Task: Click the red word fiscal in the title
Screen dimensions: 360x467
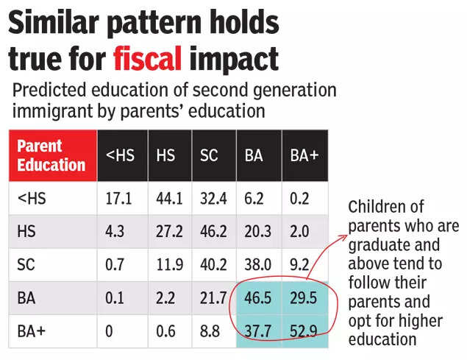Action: (x=147, y=57)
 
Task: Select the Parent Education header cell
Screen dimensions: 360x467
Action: (x=51, y=155)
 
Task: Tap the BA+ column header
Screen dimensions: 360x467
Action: (x=304, y=156)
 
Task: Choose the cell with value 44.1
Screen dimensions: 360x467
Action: (x=168, y=198)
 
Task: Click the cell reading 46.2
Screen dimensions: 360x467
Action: (x=213, y=231)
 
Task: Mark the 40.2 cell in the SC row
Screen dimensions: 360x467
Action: (x=213, y=264)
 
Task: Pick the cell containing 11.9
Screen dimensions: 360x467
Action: (x=168, y=264)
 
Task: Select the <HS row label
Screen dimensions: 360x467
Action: (x=29, y=198)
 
